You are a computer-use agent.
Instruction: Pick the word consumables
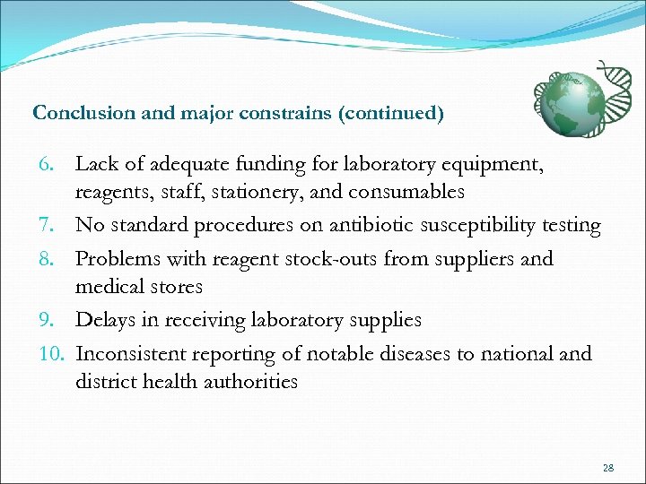(414, 192)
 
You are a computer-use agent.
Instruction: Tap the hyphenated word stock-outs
(332, 259)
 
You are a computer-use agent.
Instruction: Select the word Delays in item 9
(105, 320)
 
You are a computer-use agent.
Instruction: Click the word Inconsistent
(134, 353)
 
